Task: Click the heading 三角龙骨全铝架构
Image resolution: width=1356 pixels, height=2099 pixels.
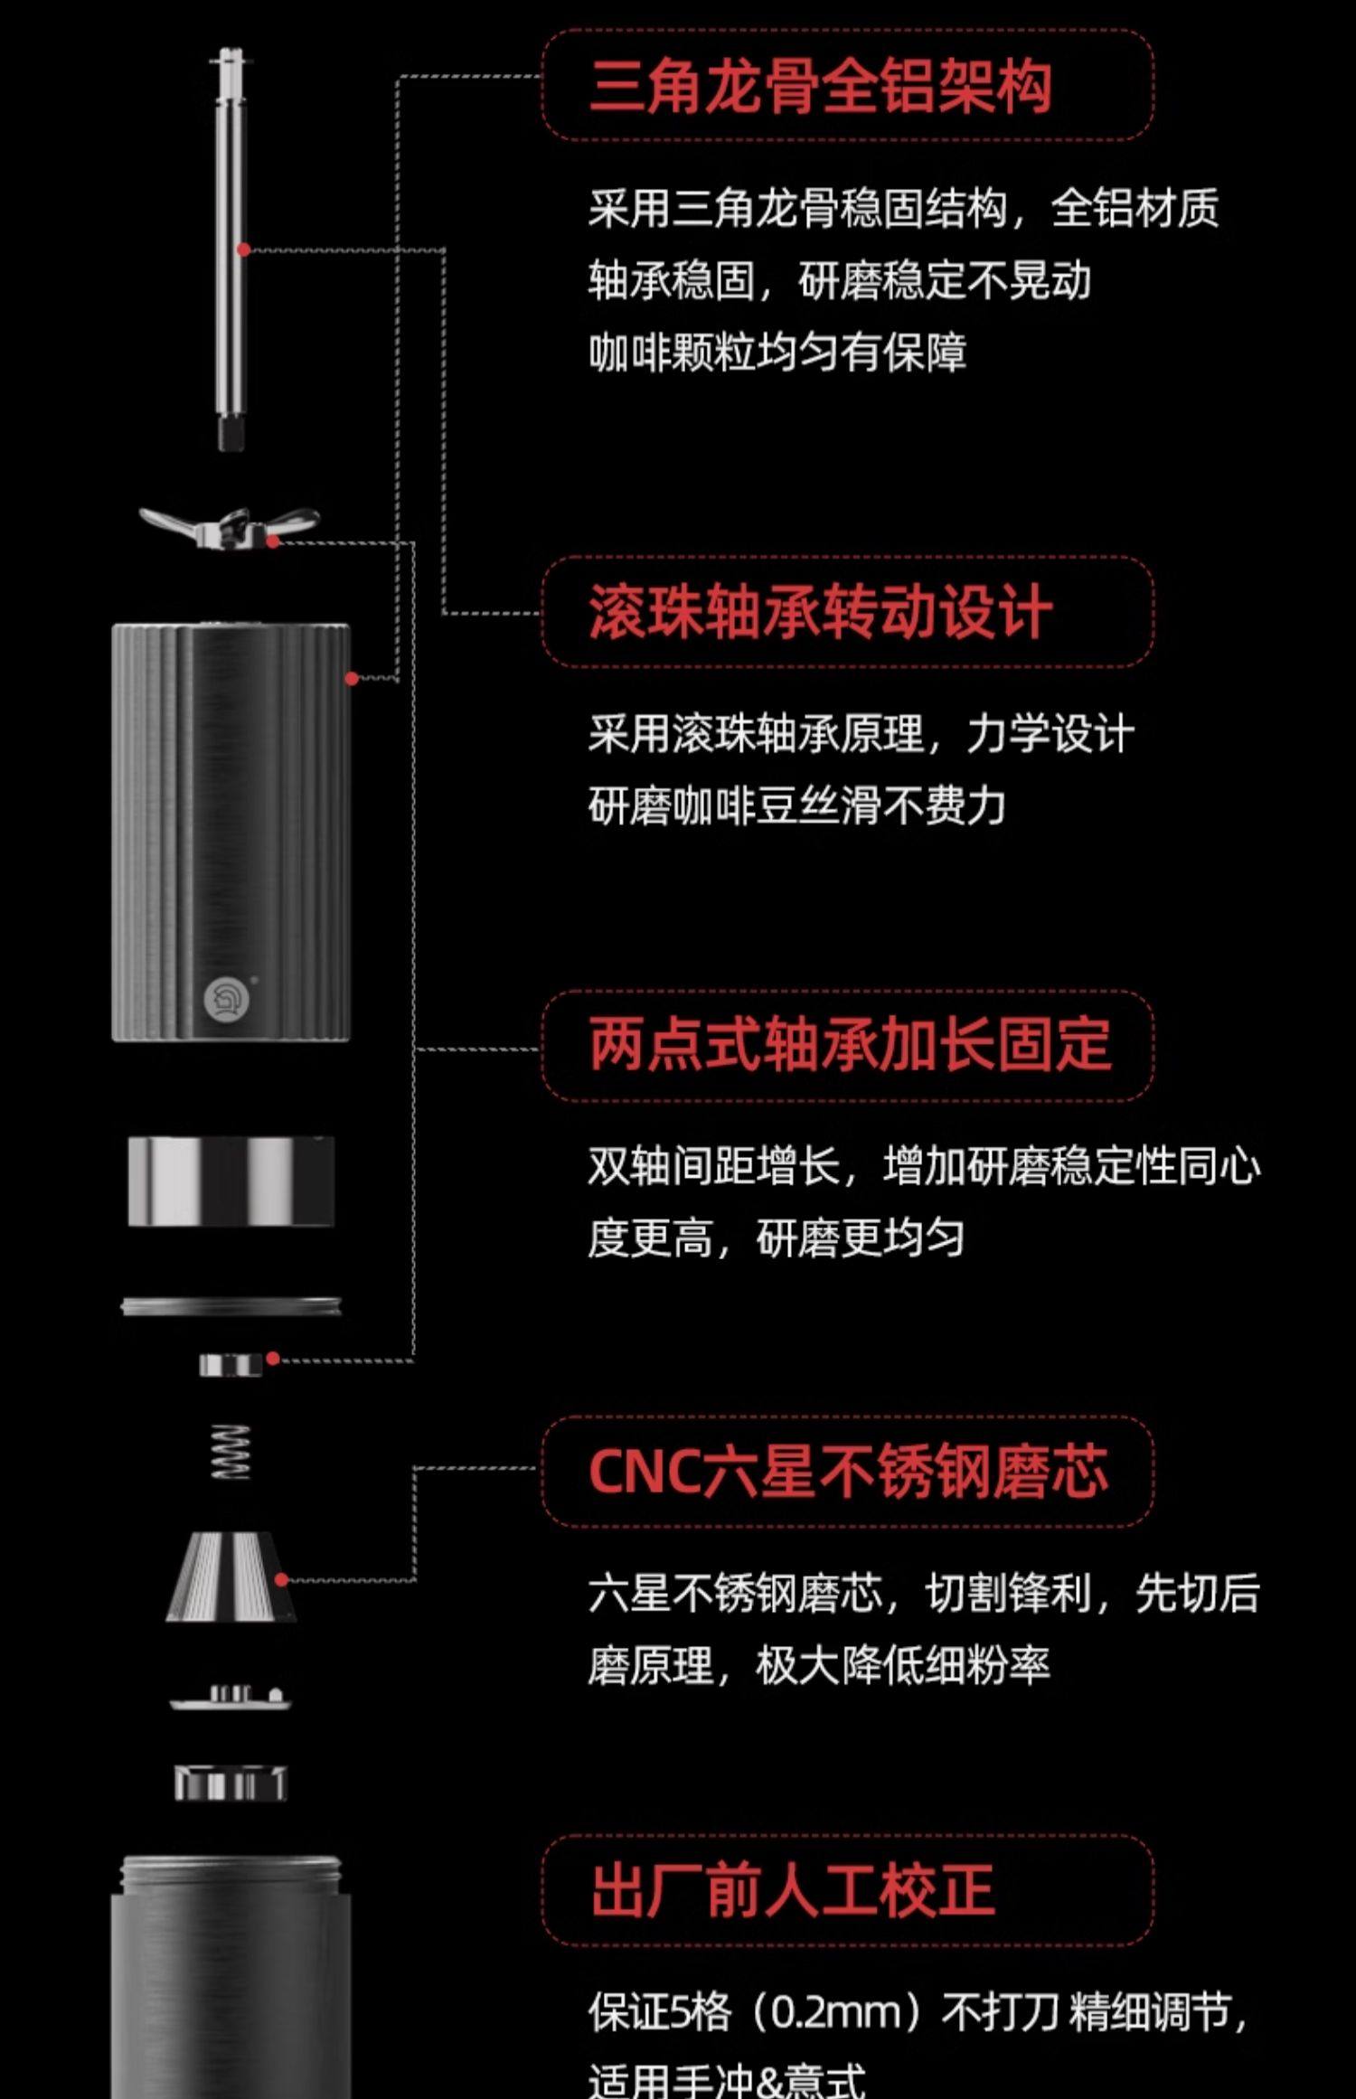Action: pos(820,87)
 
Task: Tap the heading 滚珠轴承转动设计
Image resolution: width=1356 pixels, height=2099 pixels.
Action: pos(820,613)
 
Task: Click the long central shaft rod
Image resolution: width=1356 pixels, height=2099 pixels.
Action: pos(231,253)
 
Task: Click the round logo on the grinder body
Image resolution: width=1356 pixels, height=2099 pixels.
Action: pos(221,1000)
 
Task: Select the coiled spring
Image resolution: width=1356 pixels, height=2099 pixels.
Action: pos(230,1452)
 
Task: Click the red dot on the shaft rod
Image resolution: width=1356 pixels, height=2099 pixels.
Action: pos(243,249)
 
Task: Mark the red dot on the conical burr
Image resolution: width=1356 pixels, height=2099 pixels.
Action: pos(281,1579)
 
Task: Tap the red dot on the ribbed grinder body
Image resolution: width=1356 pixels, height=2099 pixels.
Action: pos(351,678)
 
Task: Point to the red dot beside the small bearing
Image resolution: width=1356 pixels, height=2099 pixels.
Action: pos(273,1359)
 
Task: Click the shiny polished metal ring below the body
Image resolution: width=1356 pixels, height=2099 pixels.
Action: pos(231,1181)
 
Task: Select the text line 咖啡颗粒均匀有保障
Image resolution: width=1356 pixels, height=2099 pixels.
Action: pos(777,353)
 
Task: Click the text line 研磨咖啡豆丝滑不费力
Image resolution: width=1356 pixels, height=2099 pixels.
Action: pos(796,805)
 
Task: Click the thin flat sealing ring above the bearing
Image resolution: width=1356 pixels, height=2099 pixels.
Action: pos(231,1306)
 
